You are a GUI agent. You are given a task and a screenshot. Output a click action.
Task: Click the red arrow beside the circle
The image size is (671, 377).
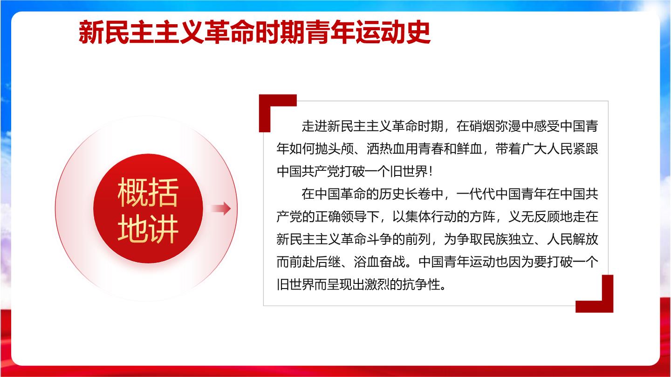tap(221, 208)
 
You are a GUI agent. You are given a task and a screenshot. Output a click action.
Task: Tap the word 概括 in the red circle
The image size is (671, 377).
tap(148, 192)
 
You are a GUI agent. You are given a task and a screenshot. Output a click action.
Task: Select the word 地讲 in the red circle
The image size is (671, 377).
tap(148, 229)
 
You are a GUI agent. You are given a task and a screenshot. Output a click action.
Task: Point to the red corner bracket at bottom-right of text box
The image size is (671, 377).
tap(602, 302)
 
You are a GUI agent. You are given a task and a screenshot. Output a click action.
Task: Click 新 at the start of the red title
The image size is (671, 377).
tap(91, 32)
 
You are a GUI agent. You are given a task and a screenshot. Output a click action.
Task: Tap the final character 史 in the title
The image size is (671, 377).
tap(418, 32)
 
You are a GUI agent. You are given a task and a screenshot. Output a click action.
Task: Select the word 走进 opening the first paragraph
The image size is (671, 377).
tap(314, 126)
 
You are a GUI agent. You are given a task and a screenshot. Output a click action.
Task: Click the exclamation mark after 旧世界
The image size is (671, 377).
tap(431, 171)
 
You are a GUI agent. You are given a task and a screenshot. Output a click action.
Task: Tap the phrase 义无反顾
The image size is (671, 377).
tap(534, 216)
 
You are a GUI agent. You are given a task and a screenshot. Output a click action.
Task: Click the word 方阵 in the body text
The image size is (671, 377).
tap(482, 216)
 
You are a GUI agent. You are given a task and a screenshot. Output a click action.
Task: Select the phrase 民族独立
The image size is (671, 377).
tap(508, 239)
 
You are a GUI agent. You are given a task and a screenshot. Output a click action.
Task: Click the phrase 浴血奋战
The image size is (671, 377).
tap(379, 262)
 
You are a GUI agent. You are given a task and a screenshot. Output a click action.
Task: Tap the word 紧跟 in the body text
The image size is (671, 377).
tap(585, 149)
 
